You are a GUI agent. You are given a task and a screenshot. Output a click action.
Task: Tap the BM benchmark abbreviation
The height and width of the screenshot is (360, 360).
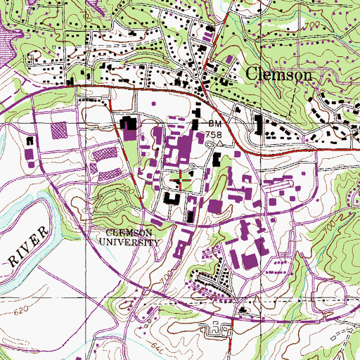coord(214,122)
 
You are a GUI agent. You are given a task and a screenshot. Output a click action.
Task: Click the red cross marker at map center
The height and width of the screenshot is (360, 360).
coord(181,181)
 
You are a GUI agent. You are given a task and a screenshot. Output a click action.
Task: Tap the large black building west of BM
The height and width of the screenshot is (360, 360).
coord(131,126)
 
